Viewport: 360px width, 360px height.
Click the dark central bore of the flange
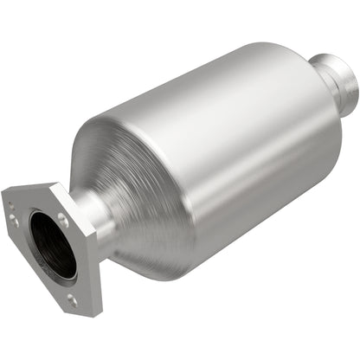pyautogui.click(x=52, y=247)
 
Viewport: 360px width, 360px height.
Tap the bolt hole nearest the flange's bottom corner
pyautogui.click(x=71, y=299)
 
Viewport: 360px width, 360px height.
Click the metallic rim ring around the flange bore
pyautogui.click(x=35, y=238)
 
